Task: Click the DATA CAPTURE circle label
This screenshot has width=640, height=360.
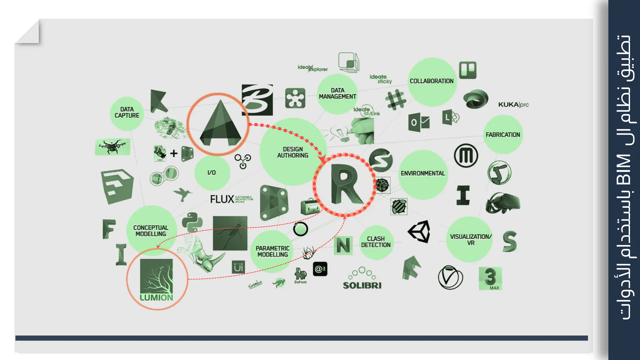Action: click(x=127, y=112)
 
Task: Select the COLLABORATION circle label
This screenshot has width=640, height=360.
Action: click(x=432, y=81)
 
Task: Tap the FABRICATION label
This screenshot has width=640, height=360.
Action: click(x=503, y=135)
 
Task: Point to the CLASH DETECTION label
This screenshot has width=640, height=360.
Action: click(x=376, y=242)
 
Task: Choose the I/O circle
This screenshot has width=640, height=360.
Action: click(x=212, y=173)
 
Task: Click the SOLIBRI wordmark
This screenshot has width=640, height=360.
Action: click(x=362, y=285)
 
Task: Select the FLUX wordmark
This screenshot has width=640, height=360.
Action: click(x=222, y=199)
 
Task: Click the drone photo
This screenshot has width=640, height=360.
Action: click(x=112, y=147)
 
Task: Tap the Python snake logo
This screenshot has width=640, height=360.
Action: click(x=192, y=222)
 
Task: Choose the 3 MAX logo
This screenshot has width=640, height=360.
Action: click(x=490, y=278)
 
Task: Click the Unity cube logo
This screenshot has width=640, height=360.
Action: click(x=419, y=232)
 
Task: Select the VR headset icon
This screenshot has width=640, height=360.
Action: click(x=503, y=203)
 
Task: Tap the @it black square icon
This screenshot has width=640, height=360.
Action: click(x=320, y=269)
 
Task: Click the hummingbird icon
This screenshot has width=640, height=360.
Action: click(x=182, y=194)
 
